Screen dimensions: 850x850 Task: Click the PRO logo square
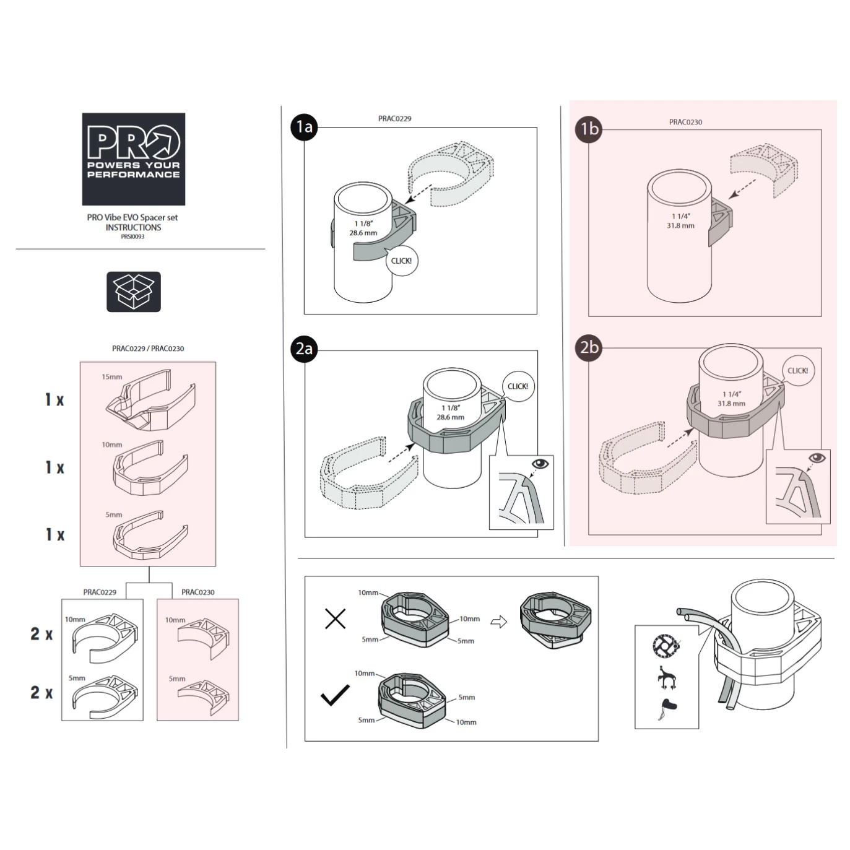point(133,159)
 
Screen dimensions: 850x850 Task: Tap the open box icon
point(133,292)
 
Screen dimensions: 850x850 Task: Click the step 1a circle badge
point(304,127)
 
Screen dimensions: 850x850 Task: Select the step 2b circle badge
point(589,347)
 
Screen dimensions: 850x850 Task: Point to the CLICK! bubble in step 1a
point(401,261)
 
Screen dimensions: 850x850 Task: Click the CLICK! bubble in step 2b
point(797,371)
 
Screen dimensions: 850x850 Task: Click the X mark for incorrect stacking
point(336,618)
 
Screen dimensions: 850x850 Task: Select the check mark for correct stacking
point(336,696)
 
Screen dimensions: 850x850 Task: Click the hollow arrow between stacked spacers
point(499,622)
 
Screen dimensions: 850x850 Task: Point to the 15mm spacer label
point(112,376)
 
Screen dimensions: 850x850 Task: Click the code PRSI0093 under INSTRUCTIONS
point(132,236)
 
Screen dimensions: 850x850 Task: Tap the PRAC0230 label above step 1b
point(685,122)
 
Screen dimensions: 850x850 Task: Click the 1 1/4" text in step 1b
point(681,216)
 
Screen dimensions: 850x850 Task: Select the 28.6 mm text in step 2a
point(450,417)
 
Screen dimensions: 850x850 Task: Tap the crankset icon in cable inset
point(666,647)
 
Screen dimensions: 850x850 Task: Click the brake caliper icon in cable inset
point(666,677)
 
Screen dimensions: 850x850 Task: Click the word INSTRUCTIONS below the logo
point(133,228)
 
